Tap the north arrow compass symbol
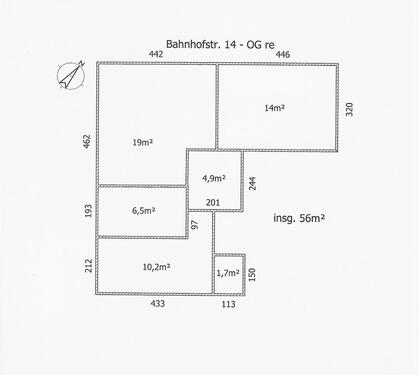pyautogui.click(x=69, y=74)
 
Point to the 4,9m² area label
pyautogui.click(x=214, y=179)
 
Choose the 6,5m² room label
pyautogui.click(x=144, y=211)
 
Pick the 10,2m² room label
pyautogui.click(x=156, y=267)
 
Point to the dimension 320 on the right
pyautogui.click(x=350, y=109)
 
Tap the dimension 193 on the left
pyautogui.click(x=88, y=211)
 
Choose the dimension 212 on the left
pyautogui.click(x=88, y=265)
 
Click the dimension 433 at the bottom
pyautogui.click(x=157, y=304)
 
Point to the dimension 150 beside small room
pyautogui.click(x=253, y=273)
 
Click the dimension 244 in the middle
pyautogui.click(x=253, y=183)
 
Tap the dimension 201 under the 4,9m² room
pyautogui.click(x=213, y=203)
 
